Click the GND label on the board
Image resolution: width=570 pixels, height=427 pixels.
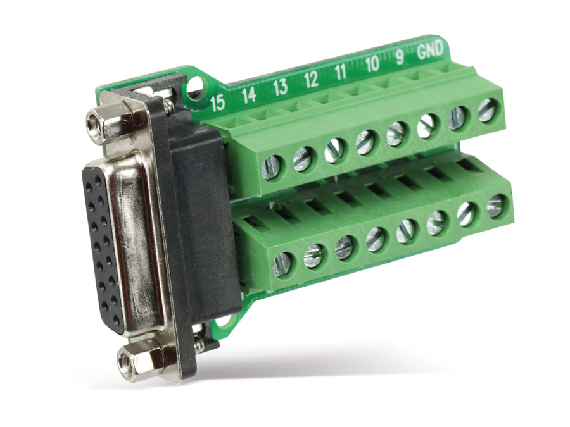[431, 50]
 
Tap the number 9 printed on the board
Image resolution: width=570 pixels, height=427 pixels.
[400, 58]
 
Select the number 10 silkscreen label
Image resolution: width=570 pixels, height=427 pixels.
[372, 65]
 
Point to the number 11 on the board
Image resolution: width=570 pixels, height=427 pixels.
[340, 72]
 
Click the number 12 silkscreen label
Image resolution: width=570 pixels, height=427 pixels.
[311, 80]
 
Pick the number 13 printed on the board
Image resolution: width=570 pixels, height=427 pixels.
[281, 87]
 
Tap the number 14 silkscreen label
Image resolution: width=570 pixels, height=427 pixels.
[250, 95]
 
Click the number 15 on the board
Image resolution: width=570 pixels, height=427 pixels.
[218, 103]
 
